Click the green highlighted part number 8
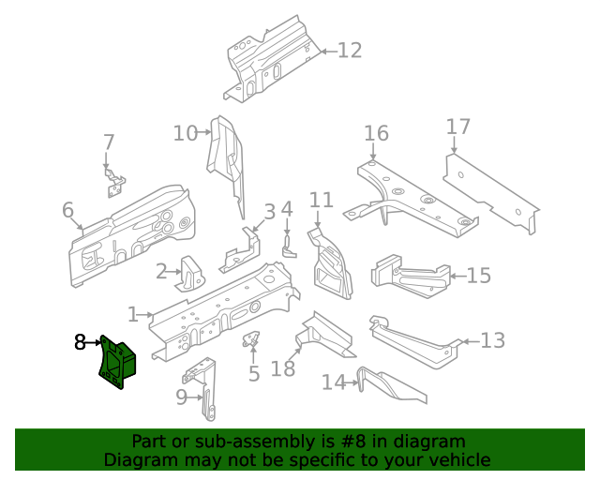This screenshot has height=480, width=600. (x=117, y=361)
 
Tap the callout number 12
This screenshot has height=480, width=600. (x=349, y=51)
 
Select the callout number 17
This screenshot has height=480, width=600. (x=457, y=127)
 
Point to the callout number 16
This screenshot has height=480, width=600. (x=376, y=133)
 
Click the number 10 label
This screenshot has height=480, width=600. (x=185, y=133)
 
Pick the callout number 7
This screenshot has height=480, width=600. (x=109, y=142)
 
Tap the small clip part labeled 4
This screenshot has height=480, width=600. (x=289, y=244)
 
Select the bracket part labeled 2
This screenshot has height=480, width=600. (x=193, y=273)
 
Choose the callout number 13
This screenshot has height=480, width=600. (x=492, y=340)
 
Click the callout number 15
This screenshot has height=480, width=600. (x=479, y=276)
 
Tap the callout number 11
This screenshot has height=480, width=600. (x=322, y=200)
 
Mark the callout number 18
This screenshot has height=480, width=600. (x=283, y=368)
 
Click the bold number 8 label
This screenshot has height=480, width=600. (x=80, y=343)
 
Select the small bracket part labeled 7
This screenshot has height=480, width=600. (x=113, y=182)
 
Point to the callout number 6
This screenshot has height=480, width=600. (x=67, y=211)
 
